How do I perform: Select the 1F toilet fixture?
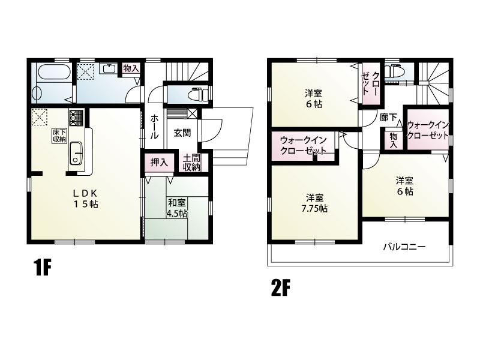[197, 95]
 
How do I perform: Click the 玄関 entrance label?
[182, 133]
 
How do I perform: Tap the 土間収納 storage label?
[191, 163]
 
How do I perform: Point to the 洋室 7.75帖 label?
[314, 203]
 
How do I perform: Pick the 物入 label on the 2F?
[394, 140]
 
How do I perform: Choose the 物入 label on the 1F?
[131, 68]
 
